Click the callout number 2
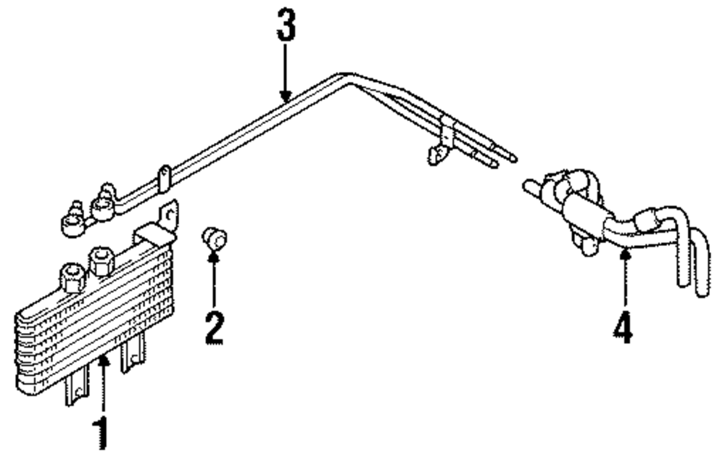coord(213,327)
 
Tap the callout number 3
coord(286,27)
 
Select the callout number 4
coord(623,328)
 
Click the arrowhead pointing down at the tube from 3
coord(286,95)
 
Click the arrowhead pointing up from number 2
coord(214,255)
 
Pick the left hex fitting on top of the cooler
coord(72,276)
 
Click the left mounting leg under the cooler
coord(76,392)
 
